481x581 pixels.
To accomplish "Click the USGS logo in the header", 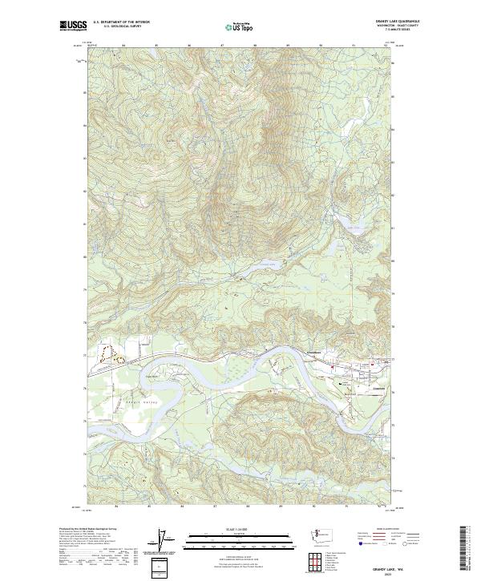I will [73, 26].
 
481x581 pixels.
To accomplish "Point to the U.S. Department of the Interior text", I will [121, 22].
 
